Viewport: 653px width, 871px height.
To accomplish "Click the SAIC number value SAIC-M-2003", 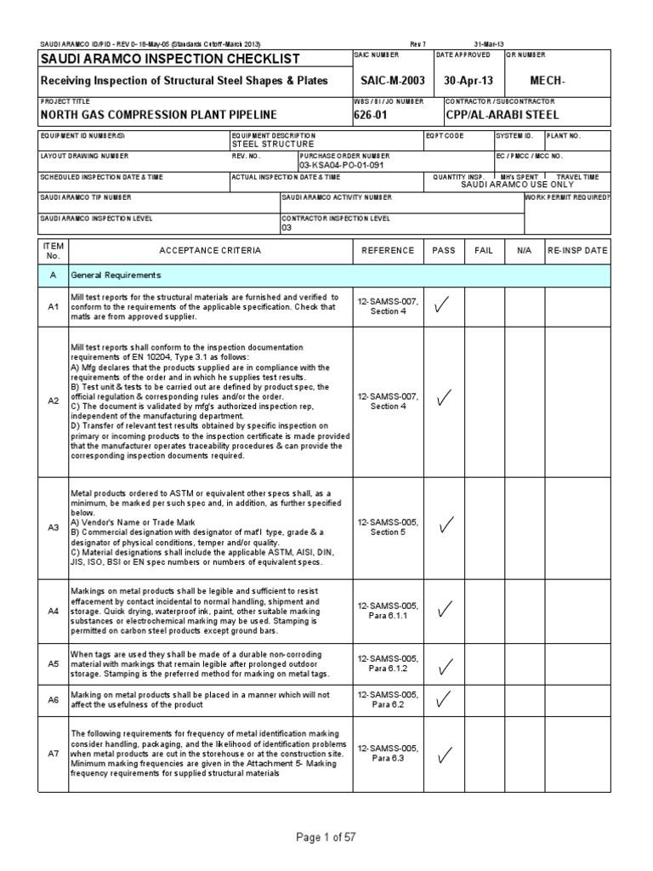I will coord(392,80).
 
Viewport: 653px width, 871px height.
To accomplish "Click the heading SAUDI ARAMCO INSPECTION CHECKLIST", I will coord(171,59).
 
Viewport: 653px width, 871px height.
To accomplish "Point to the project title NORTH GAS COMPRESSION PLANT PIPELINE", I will coord(159,114).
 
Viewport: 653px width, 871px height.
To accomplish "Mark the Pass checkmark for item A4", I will coord(442,608).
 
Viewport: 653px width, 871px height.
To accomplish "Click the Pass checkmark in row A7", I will coord(442,754).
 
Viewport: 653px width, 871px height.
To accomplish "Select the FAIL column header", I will coord(484,251).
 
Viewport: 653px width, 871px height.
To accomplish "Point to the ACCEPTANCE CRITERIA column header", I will coord(210,251).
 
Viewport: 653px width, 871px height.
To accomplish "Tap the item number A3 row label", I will coord(53,527).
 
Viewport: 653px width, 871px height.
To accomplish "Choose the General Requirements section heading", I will coord(116,276).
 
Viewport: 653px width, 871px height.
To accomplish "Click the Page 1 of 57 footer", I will coord(326,838).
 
